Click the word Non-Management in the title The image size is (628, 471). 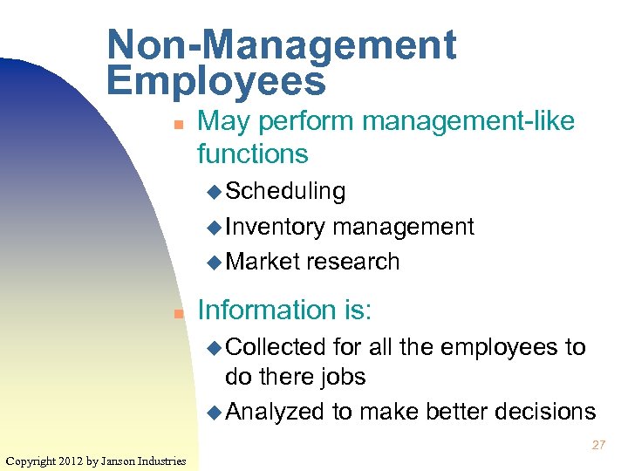point(281,45)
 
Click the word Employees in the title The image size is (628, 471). point(215,81)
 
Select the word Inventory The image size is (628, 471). point(275,227)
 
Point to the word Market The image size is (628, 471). point(263,262)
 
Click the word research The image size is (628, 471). point(353,262)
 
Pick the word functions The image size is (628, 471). point(253,154)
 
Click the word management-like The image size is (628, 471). point(468,121)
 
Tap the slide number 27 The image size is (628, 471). point(598,445)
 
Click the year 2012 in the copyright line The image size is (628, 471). point(71,461)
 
